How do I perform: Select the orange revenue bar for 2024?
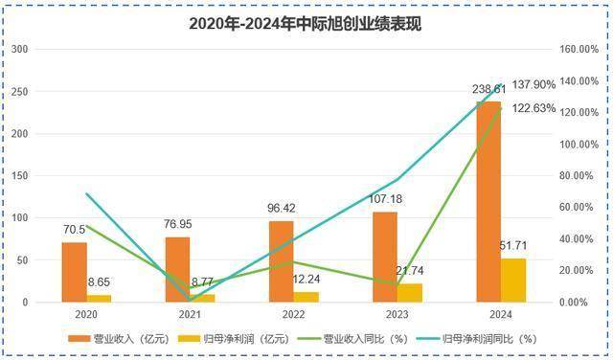pyautogui.click(x=488, y=201)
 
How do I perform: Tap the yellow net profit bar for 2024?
pyautogui.click(x=513, y=280)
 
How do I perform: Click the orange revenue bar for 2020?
pyautogui.click(x=74, y=272)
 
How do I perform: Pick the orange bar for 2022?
pyautogui.click(x=282, y=261)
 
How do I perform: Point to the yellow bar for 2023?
pyautogui.click(x=410, y=292)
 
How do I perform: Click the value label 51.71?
pyautogui.click(x=514, y=249)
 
